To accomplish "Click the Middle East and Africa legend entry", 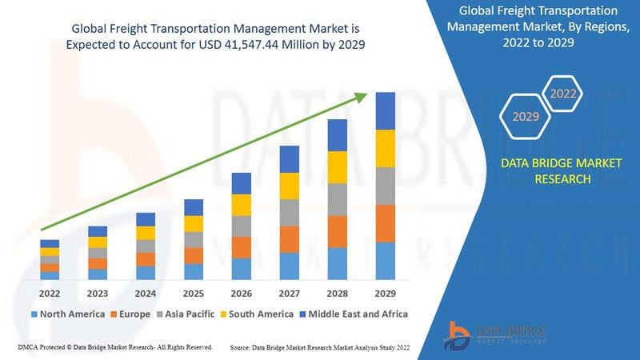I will tap(352, 314).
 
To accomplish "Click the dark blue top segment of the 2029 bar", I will tap(386, 110).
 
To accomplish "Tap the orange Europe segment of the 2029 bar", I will tap(386, 223).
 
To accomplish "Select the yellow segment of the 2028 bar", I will tap(338, 166).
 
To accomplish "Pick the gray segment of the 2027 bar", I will tap(290, 212).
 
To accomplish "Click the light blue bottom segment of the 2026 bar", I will tap(242, 269).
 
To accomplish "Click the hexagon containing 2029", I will tap(526, 117).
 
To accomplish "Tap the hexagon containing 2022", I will tap(563, 94).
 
